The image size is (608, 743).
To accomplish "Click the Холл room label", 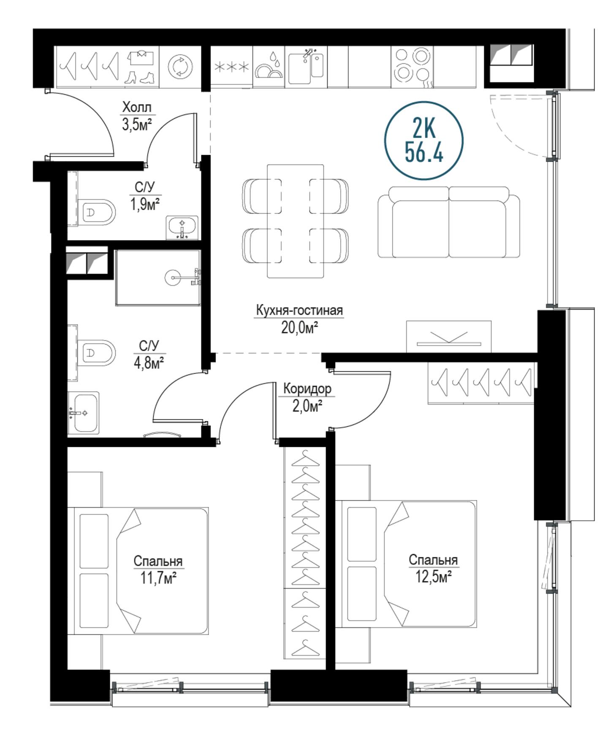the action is (136, 107).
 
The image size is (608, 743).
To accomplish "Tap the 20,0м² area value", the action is (299, 328).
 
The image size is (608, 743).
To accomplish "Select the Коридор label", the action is (307, 388).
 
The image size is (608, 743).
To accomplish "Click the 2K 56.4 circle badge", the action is (423, 140).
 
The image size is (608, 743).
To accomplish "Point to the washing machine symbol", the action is (180, 67).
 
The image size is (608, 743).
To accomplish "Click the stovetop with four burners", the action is (412, 66).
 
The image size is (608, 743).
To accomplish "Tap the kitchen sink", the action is (306, 67).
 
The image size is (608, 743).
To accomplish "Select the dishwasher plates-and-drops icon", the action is (269, 65).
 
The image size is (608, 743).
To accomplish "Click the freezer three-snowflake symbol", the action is (231, 67).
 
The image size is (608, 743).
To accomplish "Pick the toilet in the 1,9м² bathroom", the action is (96, 212).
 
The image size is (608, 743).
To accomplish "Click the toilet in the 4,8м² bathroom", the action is (96, 353).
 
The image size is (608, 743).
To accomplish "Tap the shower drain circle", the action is (173, 278).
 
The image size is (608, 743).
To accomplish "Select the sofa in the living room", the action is (449, 222).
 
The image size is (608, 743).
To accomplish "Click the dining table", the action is (296, 221).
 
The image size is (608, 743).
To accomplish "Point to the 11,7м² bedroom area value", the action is (158, 578).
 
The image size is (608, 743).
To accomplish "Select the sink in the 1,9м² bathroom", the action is (182, 227).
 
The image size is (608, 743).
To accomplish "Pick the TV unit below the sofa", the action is (449, 337).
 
